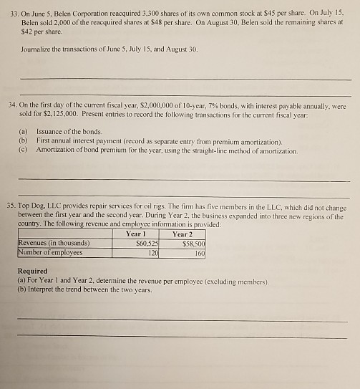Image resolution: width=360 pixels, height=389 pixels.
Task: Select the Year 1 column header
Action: click(x=135, y=233)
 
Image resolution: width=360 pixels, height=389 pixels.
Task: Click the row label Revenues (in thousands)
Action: click(x=51, y=243)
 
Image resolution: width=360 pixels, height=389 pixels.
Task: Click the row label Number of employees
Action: click(x=50, y=252)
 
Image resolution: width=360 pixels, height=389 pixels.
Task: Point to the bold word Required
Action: click(x=33, y=271)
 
